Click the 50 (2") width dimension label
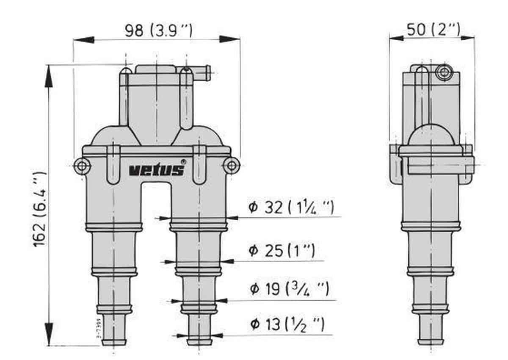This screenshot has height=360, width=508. (x=433, y=30)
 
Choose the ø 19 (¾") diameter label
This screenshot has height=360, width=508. (x=289, y=289)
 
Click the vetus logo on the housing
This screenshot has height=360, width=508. (x=157, y=170)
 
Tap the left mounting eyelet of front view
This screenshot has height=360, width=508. (x=82, y=165)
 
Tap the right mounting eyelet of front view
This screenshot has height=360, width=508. (x=231, y=165)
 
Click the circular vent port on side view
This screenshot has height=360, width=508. (x=443, y=72)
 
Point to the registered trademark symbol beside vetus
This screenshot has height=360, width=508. (x=183, y=161)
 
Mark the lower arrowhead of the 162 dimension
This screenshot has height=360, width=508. (x=49, y=338)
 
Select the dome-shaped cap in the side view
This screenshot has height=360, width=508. (x=430, y=136)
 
